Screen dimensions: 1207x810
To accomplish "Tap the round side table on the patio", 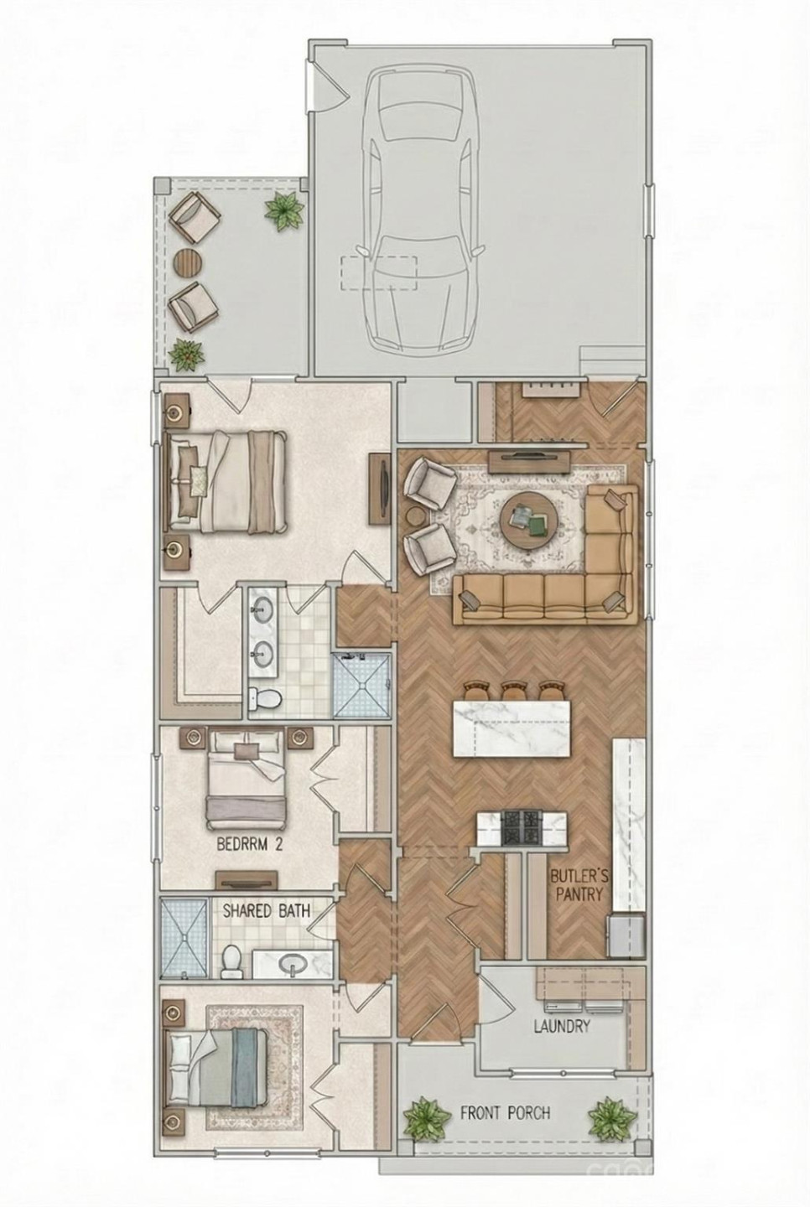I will click(x=188, y=263).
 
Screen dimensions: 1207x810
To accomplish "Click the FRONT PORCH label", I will click(x=505, y=1113).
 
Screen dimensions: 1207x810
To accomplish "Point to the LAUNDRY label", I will click(x=561, y=1026).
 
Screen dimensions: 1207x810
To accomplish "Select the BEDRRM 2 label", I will click(x=249, y=845).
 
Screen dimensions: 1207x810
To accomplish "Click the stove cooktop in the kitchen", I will click(x=522, y=828).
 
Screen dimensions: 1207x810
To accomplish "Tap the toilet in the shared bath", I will click(x=231, y=961).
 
